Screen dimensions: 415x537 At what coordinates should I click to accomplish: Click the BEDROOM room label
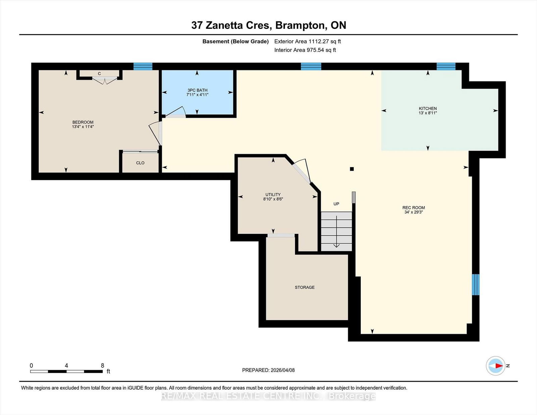(83, 122)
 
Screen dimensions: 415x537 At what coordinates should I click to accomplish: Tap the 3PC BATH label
(197, 90)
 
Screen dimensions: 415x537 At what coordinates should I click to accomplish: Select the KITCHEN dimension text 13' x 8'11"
(428, 113)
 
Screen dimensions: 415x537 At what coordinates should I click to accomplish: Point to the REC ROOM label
(413, 208)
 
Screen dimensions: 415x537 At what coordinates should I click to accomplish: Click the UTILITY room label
(273, 195)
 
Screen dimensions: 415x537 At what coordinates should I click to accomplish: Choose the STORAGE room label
(304, 287)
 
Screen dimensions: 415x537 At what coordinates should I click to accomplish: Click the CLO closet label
(140, 163)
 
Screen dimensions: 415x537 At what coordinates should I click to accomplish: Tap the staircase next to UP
(336, 231)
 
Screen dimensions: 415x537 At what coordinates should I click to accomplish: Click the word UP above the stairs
(336, 204)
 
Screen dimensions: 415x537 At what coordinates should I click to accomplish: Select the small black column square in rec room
(352, 169)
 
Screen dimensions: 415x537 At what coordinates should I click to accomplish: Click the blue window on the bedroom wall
(143, 66)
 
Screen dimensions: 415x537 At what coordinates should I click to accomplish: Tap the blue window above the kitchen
(446, 66)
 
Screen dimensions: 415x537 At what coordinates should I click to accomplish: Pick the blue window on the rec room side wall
(475, 284)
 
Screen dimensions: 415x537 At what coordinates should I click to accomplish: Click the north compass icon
(496, 366)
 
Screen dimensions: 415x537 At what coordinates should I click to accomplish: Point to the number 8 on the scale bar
(102, 365)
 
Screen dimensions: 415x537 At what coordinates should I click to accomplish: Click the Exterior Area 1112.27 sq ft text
(307, 42)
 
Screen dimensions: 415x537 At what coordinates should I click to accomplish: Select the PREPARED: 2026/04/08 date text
(268, 370)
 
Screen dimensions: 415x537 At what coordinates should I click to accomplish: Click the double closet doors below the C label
(104, 80)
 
